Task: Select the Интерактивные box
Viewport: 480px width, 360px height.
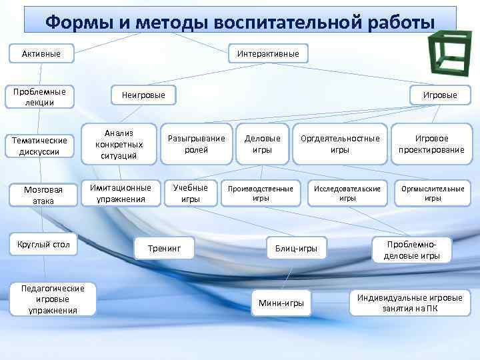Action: [x=268, y=53]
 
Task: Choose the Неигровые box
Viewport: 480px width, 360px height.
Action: [x=143, y=95]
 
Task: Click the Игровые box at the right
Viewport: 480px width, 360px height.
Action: [x=440, y=95]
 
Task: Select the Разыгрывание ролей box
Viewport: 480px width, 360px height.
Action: [x=197, y=144]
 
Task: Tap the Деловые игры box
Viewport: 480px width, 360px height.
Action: [x=263, y=144]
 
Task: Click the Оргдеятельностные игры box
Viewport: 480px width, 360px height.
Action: [x=340, y=144]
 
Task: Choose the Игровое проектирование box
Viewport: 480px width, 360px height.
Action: [x=431, y=144]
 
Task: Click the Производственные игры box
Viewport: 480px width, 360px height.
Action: [x=261, y=193]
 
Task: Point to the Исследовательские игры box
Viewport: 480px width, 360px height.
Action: [x=347, y=193]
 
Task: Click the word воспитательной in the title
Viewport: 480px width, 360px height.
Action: [x=291, y=22]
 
